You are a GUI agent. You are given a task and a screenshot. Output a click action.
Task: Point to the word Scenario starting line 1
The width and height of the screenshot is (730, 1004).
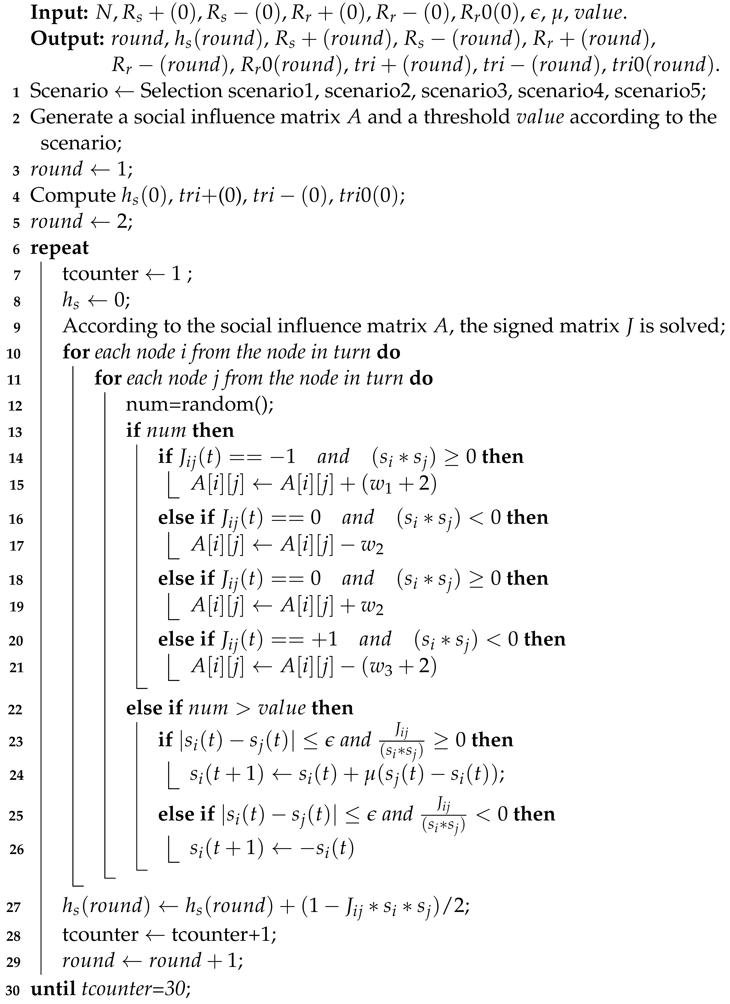(69, 91)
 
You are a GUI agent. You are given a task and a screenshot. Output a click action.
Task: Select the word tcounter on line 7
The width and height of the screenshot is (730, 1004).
(100, 274)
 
